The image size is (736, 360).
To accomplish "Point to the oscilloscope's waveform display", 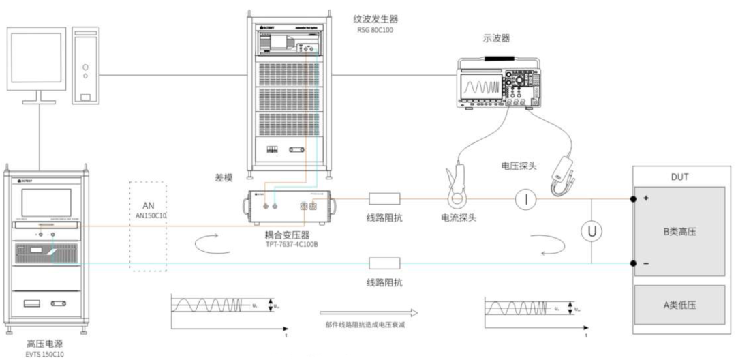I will point(481,88).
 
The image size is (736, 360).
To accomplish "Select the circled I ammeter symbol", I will point(526,200).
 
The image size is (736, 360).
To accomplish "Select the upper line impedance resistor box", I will point(384,200).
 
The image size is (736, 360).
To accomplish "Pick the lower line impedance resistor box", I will point(384,262).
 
